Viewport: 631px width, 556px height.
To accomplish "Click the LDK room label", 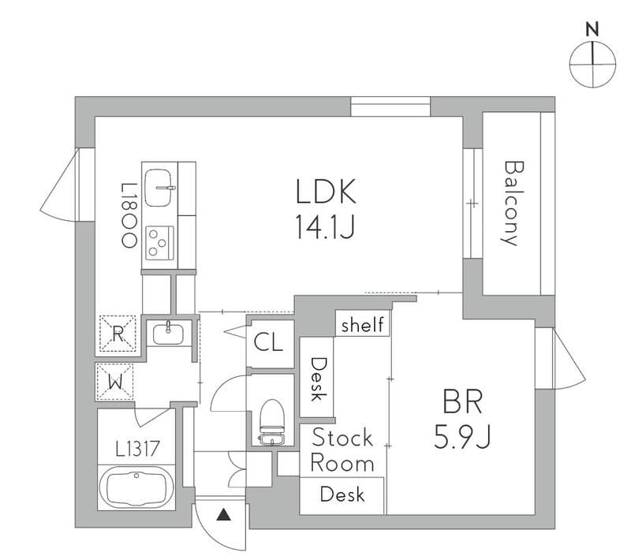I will click(327, 192).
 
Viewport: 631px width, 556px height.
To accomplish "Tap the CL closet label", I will click(269, 343).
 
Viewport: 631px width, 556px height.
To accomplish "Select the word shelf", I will click(363, 324).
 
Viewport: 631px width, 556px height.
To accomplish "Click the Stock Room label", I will click(342, 450).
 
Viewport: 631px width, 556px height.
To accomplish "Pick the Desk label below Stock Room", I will click(342, 494).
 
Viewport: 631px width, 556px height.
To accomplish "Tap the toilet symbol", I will click(272, 422).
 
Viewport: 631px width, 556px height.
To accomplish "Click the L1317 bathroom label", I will click(138, 450).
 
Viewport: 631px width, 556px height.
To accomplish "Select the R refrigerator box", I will click(117, 332).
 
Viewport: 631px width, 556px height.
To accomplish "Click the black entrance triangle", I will click(224, 516).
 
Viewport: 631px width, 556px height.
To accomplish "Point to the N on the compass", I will click(592, 30).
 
